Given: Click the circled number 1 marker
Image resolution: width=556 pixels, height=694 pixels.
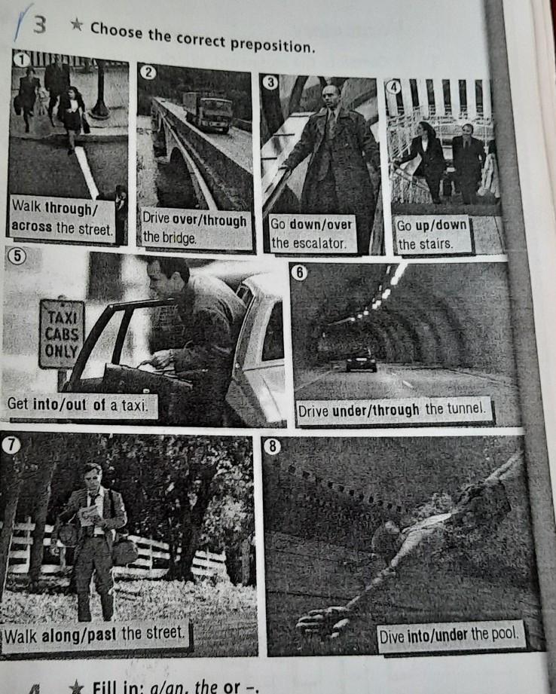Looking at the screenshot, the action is click(21, 59).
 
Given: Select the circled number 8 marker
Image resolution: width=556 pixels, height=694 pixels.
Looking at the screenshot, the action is click(272, 446).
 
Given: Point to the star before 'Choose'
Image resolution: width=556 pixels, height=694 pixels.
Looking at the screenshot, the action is click(76, 25).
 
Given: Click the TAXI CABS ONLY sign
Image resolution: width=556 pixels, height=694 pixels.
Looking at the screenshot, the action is click(62, 335).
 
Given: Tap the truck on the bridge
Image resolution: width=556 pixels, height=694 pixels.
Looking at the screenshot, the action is click(209, 112).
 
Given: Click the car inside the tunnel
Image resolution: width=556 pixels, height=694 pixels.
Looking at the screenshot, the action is click(361, 361).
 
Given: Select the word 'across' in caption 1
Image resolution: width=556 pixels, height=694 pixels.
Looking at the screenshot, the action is click(32, 227).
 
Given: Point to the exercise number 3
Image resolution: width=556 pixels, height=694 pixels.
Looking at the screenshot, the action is click(39, 25).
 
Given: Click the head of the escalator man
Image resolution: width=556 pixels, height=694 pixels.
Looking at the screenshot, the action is click(331, 96).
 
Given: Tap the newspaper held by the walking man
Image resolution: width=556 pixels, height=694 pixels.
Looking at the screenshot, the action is click(89, 515).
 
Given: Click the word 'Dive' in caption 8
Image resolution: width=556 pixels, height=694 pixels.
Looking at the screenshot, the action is click(391, 637).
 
